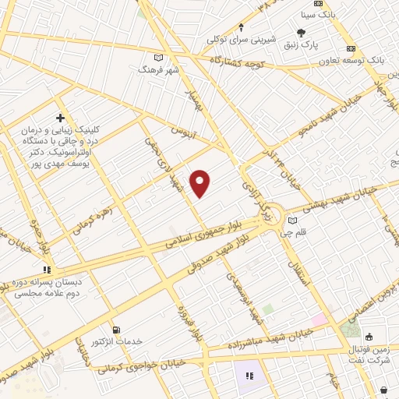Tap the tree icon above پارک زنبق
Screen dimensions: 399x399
tap(302, 33)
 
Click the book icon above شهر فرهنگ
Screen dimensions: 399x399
tap(159, 58)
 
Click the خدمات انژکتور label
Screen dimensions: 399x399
tap(117, 342)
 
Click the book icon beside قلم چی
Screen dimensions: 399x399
tap(292, 221)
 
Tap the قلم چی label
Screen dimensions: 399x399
tap(298, 231)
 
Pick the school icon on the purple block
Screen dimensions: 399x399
tap(249, 376)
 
